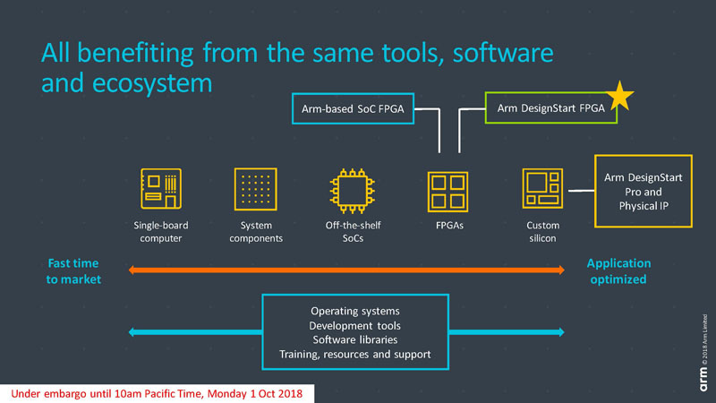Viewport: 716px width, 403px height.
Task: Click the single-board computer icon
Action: click(162, 188)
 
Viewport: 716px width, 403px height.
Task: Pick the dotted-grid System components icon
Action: click(255, 188)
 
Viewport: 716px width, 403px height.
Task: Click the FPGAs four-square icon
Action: click(447, 191)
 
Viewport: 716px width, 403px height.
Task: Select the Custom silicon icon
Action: click(541, 188)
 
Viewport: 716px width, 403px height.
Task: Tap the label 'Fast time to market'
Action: click(72, 271)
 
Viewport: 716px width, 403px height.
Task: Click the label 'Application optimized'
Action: click(618, 271)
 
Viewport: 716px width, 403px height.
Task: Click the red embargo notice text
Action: click(158, 392)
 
